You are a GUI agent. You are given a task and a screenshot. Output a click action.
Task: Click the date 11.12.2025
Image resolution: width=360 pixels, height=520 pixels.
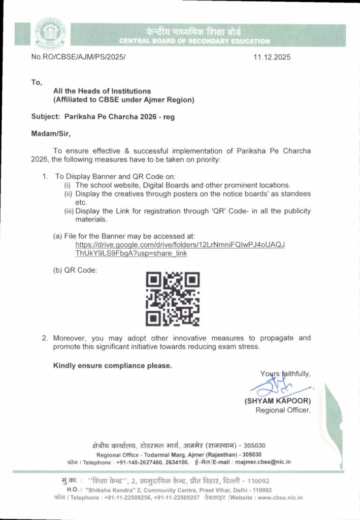[272, 57]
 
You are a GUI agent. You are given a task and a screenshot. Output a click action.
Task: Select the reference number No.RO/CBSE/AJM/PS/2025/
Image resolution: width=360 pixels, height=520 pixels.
[78, 57]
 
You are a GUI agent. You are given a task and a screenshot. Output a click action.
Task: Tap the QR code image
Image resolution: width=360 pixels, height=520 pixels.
[173, 299]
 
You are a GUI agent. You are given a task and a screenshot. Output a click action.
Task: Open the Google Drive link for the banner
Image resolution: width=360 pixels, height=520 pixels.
[180, 249]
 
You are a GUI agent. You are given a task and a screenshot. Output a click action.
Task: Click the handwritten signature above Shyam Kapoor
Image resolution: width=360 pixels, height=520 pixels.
[278, 387]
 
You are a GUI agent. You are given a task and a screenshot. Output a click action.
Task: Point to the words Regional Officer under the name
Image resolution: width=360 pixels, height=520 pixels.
[283, 410]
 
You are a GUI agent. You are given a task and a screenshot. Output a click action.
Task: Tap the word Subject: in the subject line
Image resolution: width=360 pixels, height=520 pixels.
[45, 116]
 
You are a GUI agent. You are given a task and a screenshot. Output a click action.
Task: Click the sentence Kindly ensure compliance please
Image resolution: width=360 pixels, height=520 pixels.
[113, 365]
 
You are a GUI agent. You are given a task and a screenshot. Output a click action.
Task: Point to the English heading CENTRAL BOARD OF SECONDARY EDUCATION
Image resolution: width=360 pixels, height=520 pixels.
[194, 41]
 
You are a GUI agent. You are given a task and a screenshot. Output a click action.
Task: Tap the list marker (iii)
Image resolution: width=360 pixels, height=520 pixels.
[69, 211]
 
